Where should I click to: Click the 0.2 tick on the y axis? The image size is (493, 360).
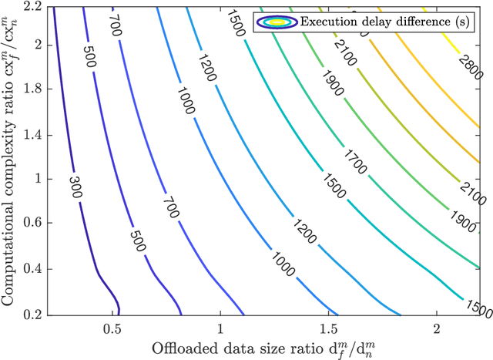(x=35, y=315)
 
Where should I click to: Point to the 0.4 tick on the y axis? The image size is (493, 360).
(x=35, y=269)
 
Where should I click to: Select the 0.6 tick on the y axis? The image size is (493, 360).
(x=35, y=224)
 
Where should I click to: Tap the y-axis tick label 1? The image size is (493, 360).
(x=39, y=179)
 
